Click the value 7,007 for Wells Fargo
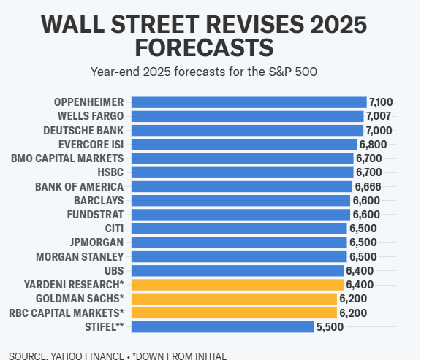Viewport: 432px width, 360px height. click(x=379, y=116)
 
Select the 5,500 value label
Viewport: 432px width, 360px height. click(x=330, y=327)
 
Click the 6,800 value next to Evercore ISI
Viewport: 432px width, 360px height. click(x=373, y=145)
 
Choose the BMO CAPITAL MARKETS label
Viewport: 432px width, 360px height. click(x=68, y=158)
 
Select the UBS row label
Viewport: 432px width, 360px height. click(x=113, y=271)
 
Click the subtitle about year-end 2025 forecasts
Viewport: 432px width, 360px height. click(x=205, y=72)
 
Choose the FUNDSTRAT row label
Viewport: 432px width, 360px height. click(x=97, y=215)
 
